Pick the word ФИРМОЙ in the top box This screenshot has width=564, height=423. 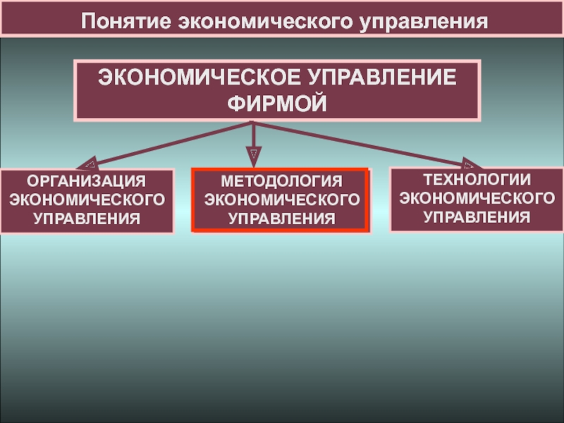click(278, 104)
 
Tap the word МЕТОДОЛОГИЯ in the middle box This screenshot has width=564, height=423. click(281, 183)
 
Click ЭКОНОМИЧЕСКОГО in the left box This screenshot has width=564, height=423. click(87, 200)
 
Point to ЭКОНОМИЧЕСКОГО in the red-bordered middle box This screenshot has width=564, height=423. click(281, 201)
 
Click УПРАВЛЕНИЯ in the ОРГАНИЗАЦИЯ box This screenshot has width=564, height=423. click(87, 219)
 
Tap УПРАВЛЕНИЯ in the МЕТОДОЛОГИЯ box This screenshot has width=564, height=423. click(281, 219)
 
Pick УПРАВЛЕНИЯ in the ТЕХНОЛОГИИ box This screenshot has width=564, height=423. click(477, 215)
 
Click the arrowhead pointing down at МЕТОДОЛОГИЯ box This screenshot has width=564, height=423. click(253, 156)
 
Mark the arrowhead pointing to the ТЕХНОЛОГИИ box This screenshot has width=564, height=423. click(471, 162)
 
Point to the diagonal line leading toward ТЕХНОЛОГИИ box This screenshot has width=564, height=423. click(360, 142)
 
